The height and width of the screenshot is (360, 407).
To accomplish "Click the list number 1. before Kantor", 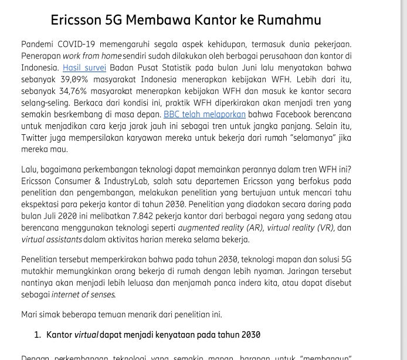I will tap(37, 335).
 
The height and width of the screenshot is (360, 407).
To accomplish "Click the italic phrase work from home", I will tap(89, 56).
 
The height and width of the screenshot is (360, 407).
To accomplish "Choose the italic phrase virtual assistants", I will tap(52, 239).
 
